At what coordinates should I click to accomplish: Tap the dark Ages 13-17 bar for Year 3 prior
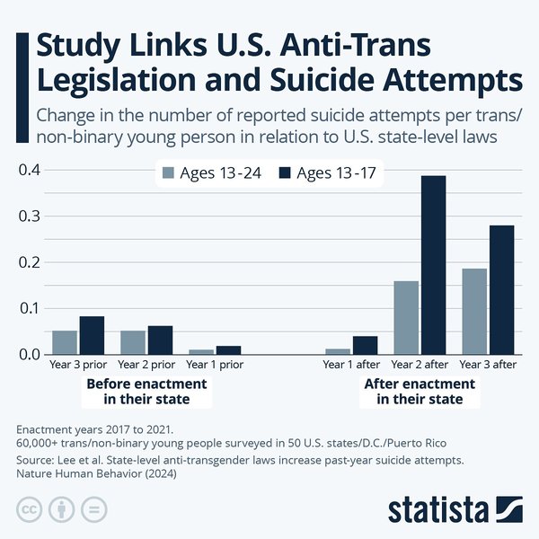pos(92,336)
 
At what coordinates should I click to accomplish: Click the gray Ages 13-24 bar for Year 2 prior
pos(133,343)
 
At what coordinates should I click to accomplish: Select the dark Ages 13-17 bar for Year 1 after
pos(365,346)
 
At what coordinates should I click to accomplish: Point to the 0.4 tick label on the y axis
pos(29,171)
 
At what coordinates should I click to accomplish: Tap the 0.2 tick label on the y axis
pos(29,262)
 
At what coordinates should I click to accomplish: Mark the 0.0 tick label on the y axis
pos(29,355)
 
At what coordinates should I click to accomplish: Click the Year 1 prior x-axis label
pos(215,366)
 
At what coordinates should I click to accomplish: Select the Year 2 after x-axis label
pos(420,366)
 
